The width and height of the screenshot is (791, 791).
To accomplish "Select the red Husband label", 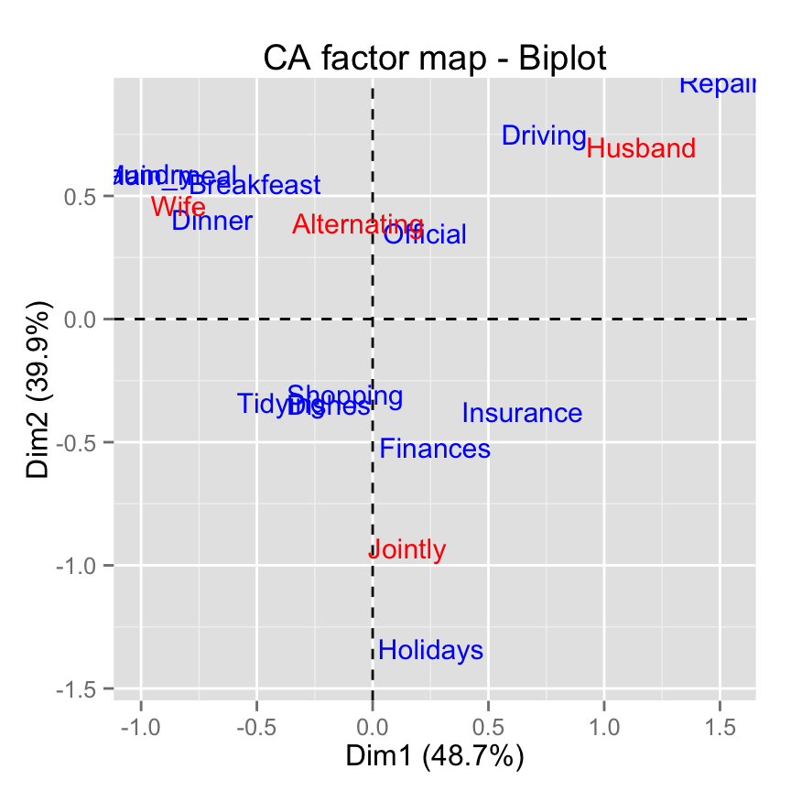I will coord(641,148).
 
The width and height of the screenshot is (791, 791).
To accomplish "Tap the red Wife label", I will coord(179,206).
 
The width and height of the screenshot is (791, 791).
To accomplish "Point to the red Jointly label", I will coord(407,550).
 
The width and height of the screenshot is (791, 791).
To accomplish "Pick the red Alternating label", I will coord(357,224).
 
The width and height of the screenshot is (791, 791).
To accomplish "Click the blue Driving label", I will coord(545,136).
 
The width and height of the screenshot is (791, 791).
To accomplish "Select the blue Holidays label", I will coord(430,651).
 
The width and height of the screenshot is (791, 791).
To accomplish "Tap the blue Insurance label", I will coord(522,414).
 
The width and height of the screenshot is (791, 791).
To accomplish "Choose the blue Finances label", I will coord(435,450).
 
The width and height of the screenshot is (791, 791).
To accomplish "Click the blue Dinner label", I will coord(211,222).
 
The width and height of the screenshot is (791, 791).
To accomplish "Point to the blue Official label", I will coord(425,235).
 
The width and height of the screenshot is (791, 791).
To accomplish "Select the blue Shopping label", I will coord(345,396).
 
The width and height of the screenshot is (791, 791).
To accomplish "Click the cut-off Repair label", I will coord(718,84).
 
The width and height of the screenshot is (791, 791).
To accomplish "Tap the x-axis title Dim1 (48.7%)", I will coord(434,757).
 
